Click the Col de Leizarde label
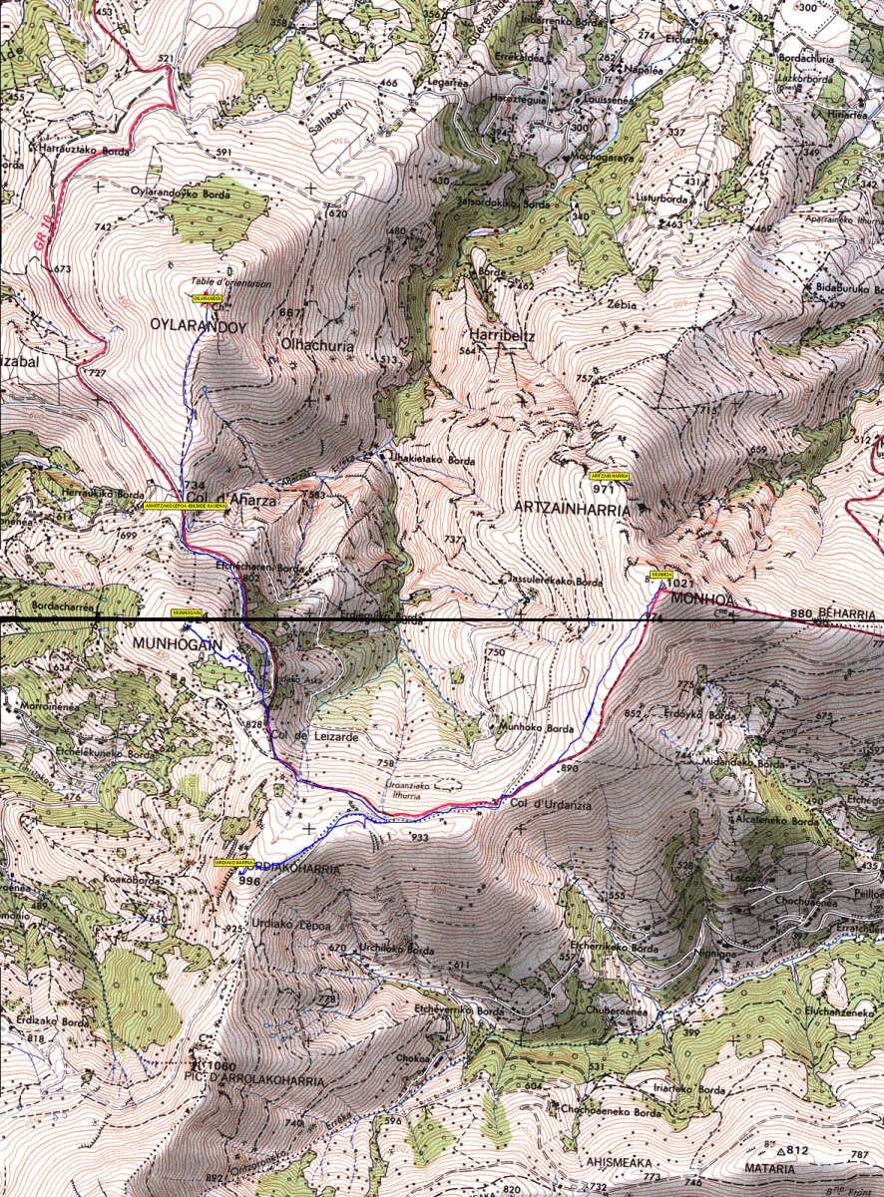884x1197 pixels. (307, 736)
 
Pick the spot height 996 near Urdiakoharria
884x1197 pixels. (249, 881)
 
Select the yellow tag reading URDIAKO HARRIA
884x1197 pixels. (233, 862)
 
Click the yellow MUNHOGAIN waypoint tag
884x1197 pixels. (188, 613)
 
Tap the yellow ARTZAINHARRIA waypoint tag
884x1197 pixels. (610, 477)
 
